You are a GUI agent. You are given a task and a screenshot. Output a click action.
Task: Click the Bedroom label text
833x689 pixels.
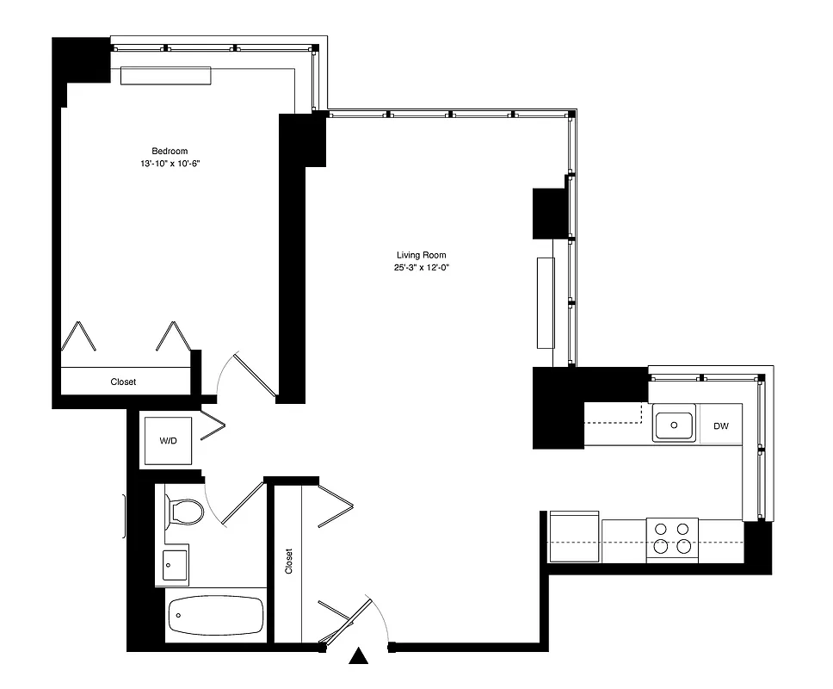click(x=170, y=151)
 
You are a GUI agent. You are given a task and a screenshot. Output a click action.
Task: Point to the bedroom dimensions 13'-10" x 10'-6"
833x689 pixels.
click(x=170, y=163)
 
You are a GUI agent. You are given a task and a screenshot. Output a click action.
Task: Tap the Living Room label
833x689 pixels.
click(x=422, y=255)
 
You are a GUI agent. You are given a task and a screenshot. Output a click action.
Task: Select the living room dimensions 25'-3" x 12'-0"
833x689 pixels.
click(x=422, y=267)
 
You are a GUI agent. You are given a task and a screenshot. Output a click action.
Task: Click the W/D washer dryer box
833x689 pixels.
click(x=168, y=441)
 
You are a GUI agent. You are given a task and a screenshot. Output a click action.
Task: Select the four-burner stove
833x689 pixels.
click(x=671, y=538)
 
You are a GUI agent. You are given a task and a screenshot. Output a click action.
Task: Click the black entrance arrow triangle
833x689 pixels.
click(x=360, y=658)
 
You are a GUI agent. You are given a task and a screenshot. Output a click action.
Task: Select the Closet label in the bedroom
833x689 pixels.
click(x=123, y=382)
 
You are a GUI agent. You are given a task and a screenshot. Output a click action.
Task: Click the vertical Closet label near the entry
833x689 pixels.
click(x=288, y=562)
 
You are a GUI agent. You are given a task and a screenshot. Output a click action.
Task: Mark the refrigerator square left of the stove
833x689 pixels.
click(x=574, y=536)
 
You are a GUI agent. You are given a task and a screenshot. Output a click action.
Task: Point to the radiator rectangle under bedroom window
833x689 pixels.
click(x=165, y=76)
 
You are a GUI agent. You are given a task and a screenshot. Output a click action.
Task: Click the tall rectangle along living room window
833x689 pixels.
click(x=546, y=302)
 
